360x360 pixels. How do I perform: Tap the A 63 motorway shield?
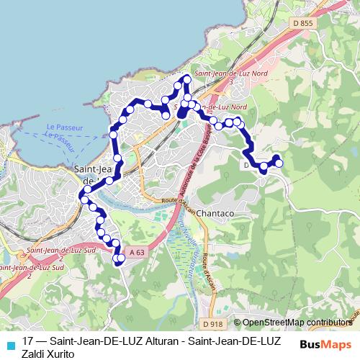(x=138, y=252)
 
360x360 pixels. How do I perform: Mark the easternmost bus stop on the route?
(x=279, y=163)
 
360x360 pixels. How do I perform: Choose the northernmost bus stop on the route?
(x=188, y=78)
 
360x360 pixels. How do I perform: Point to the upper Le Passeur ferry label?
(x=63, y=127)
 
